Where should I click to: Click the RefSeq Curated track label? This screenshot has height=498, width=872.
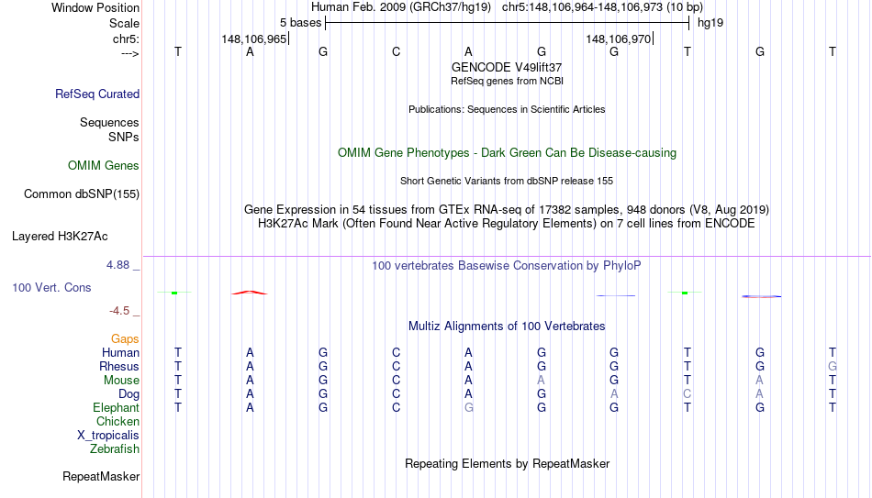click(x=97, y=94)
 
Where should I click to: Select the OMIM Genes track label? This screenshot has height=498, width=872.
click(x=104, y=166)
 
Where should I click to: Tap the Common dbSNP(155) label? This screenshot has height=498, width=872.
click(x=82, y=194)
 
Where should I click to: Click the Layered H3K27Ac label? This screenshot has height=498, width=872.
click(x=60, y=237)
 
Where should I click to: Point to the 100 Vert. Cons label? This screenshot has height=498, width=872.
click(x=51, y=287)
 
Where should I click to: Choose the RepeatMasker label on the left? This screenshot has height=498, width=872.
click(x=101, y=476)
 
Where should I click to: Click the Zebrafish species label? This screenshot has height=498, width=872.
click(x=115, y=448)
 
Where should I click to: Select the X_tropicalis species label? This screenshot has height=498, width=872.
click(x=108, y=436)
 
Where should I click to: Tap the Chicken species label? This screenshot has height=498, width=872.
click(x=117, y=421)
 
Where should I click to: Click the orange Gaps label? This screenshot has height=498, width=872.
click(x=125, y=339)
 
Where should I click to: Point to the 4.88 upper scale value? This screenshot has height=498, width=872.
click(x=117, y=265)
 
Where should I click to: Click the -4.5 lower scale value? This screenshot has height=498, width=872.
click(x=119, y=311)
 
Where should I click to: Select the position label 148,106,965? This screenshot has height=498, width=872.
click(x=254, y=39)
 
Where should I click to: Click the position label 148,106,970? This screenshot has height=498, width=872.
click(x=619, y=39)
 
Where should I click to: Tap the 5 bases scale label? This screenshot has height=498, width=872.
click(x=301, y=23)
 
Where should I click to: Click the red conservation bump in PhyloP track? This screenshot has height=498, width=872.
click(x=250, y=293)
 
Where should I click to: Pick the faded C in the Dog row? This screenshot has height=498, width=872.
click(x=688, y=394)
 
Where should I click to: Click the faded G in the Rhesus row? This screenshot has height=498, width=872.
click(x=833, y=366)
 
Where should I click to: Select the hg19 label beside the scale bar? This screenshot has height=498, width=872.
click(x=710, y=23)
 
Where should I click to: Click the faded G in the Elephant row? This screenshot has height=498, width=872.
click(x=469, y=407)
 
